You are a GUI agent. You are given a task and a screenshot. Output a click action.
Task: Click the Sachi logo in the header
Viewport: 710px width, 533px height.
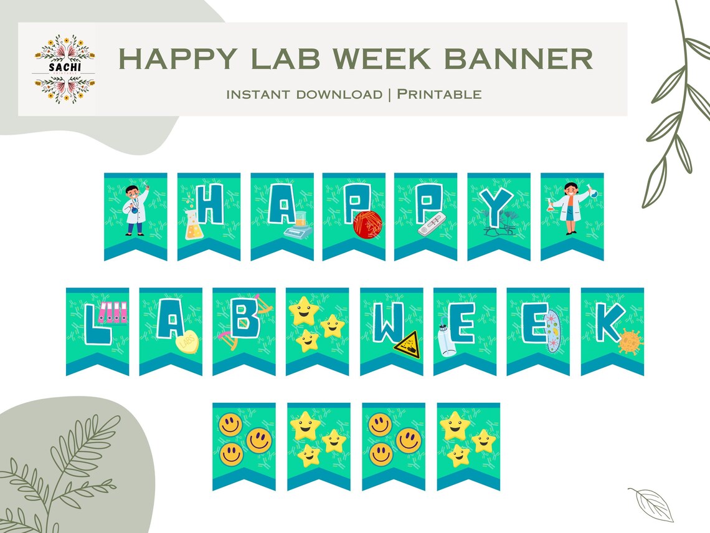64,69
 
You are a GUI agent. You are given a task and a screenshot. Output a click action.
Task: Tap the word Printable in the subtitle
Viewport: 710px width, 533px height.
439,94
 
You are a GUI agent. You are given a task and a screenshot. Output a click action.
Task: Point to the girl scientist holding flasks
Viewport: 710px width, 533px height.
571,208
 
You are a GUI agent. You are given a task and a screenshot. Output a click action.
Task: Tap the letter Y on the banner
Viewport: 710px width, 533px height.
499,206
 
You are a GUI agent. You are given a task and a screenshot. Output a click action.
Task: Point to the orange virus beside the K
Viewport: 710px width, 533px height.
630,342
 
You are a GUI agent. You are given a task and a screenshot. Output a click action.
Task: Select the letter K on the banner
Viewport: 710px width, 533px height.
609,321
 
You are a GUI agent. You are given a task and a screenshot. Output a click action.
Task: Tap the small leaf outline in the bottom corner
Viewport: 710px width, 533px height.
650,504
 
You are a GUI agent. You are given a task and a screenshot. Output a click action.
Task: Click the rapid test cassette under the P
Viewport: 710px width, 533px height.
433,227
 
